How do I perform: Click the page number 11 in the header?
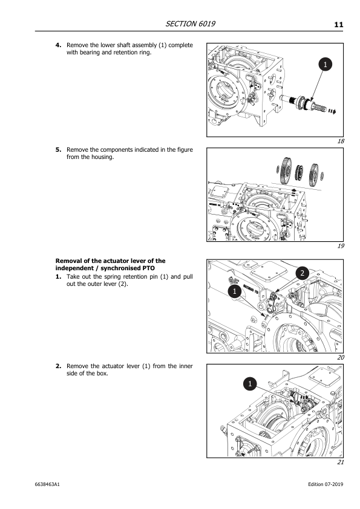click(338, 24)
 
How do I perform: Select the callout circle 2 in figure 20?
click(302, 274)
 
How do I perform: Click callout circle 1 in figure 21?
click(249, 383)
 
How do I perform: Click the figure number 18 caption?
click(341, 141)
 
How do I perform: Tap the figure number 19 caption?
click(341, 246)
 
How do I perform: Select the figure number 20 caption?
click(341, 357)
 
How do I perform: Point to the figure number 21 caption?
click(341, 462)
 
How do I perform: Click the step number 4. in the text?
click(59, 45)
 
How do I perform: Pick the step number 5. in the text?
click(59, 150)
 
